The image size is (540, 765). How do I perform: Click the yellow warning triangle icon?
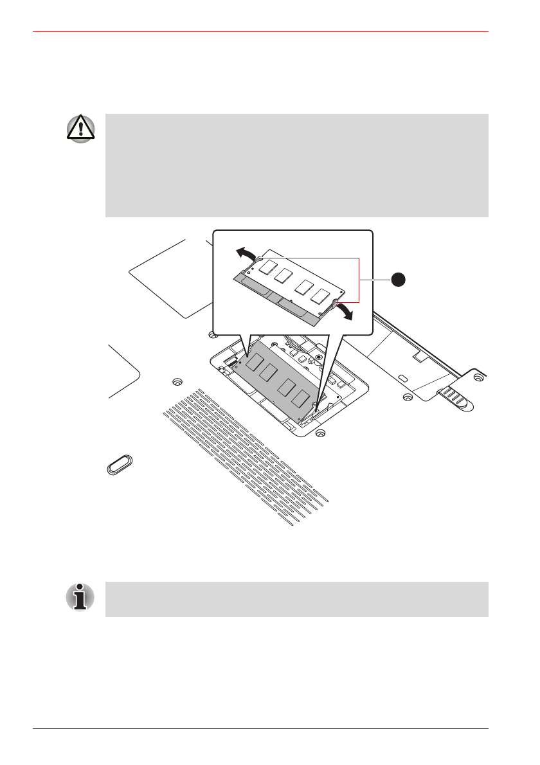pyautogui.click(x=80, y=130)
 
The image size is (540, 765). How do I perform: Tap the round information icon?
pyautogui.click(x=80, y=597)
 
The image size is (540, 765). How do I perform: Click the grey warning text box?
pyautogui.click(x=296, y=166)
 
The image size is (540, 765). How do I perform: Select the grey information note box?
pyautogui.click(x=296, y=599)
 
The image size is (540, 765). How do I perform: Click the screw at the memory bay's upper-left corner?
pyautogui.click(x=212, y=334)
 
